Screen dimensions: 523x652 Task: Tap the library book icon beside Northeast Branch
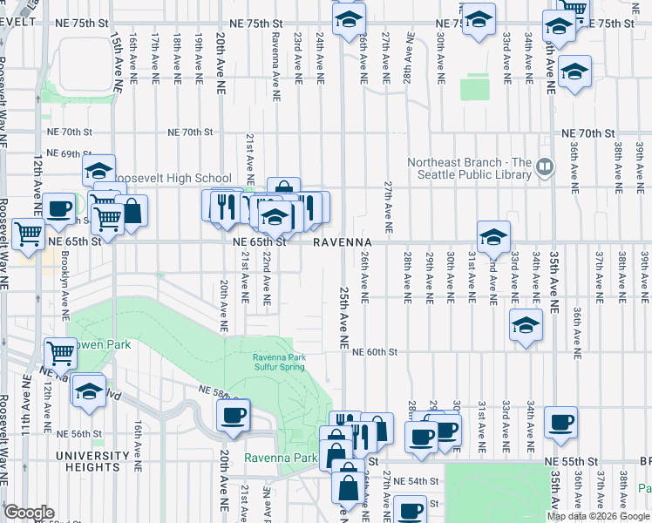(546, 165)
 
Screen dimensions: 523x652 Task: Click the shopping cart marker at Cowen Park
(59, 352)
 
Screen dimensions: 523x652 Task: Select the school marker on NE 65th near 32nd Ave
(493, 235)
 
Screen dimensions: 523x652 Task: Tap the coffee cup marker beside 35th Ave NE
(560, 422)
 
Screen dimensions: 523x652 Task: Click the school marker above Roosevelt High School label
(99, 169)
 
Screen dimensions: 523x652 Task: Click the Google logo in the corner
(28, 513)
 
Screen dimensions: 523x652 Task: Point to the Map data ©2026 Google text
(597, 516)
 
